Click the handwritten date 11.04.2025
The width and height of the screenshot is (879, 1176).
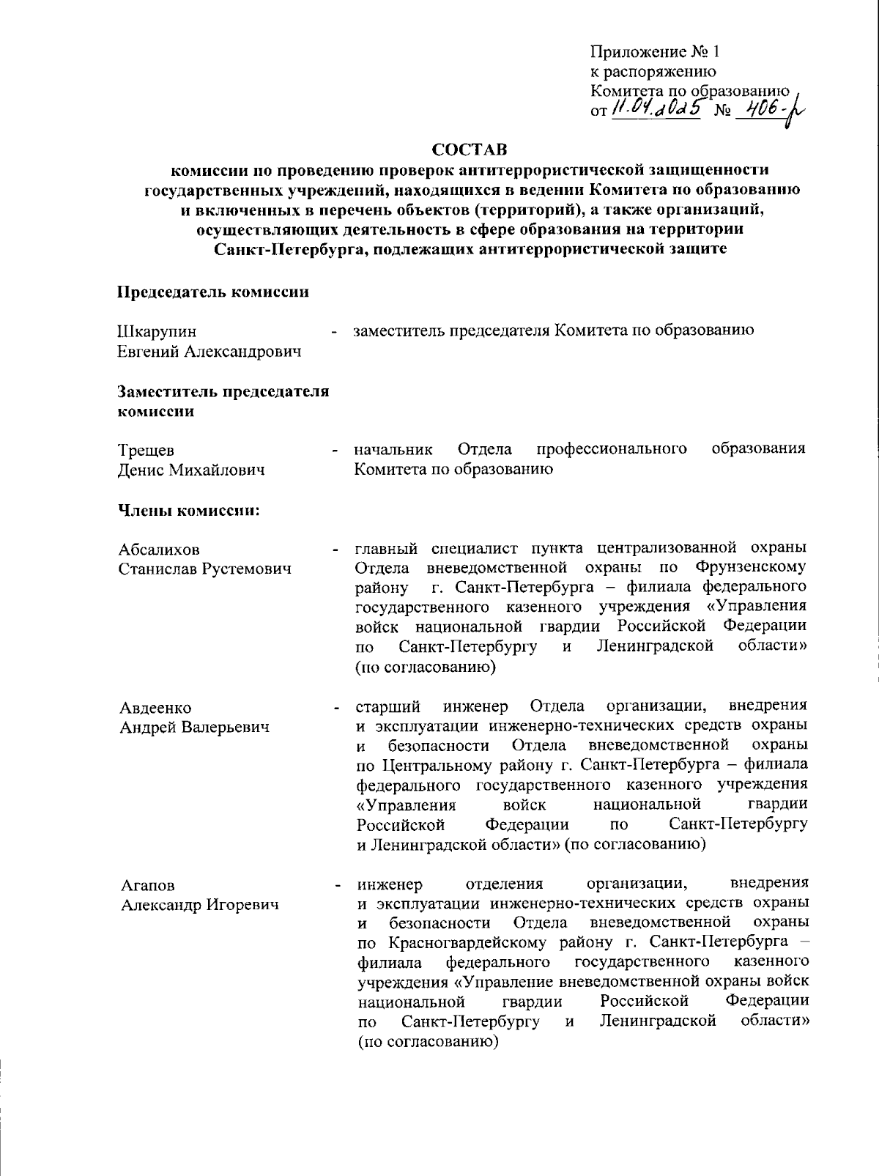(x=657, y=109)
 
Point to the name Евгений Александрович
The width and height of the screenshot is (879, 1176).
(x=210, y=352)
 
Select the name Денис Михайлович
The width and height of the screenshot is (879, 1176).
(x=191, y=470)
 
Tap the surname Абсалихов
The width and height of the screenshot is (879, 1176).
(x=159, y=550)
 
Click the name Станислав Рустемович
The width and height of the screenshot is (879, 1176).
(x=205, y=569)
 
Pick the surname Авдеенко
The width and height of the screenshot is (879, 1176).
(x=155, y=708)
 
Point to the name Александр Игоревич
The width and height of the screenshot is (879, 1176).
(x=200, y=906)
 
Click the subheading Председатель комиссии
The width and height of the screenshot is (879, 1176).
(x=213, y=292)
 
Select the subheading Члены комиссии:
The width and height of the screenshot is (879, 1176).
(x=190, y=510)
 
